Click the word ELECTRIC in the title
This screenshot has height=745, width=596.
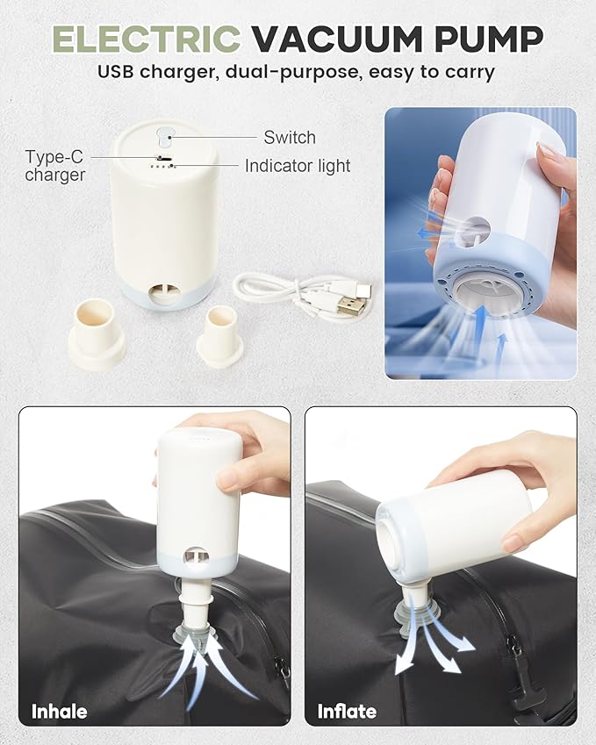[145, 38]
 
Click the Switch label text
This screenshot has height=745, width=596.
[290, 138]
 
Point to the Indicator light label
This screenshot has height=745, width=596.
[298, 166]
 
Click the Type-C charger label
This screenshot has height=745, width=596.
[55, 166]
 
